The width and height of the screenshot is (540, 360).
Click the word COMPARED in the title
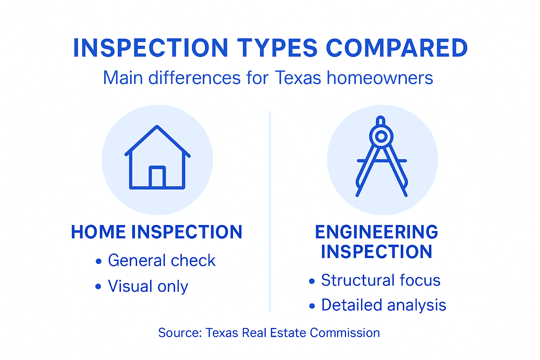tap(397, 48)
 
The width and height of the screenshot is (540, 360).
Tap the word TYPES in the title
tap(277, 48)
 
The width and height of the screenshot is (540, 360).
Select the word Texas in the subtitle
tap(298, 78)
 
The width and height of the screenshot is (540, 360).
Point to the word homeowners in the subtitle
tap(380, 78)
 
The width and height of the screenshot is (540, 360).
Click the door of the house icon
tap(157, 177)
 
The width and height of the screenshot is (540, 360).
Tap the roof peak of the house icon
tap(157, 127)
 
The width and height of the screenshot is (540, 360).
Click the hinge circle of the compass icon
tap(381, 136)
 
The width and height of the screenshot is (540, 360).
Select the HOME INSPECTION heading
tap(157, 232)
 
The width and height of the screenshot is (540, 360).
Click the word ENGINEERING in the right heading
tap(377, 232)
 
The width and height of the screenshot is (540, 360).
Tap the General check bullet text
tap(162, 261)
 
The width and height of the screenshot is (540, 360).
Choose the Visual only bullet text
tap(148, 286)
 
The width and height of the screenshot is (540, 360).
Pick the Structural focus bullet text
tap(381, 280)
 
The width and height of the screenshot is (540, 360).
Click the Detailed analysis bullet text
tap(384, 305)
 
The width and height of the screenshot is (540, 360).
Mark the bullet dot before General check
tap(98, 261)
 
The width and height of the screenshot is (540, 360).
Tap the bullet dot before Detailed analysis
tap(312, 306)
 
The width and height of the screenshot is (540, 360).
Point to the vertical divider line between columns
tap(270, 211)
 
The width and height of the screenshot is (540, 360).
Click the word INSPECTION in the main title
tap(151, 48)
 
